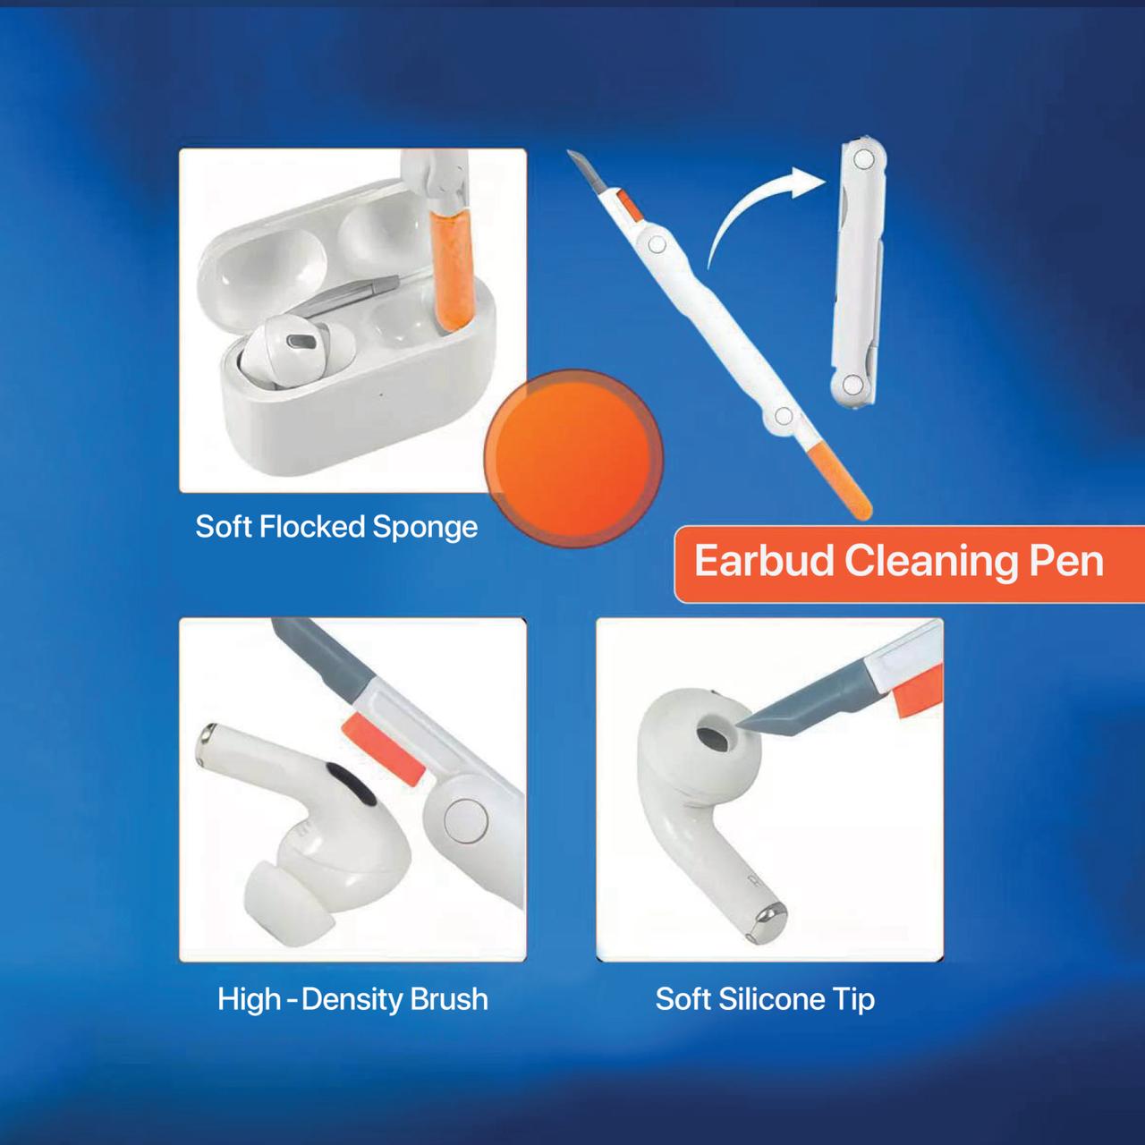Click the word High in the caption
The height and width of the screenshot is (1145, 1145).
coord(249,998)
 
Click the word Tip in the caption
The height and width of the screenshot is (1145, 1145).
coord(854,998)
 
